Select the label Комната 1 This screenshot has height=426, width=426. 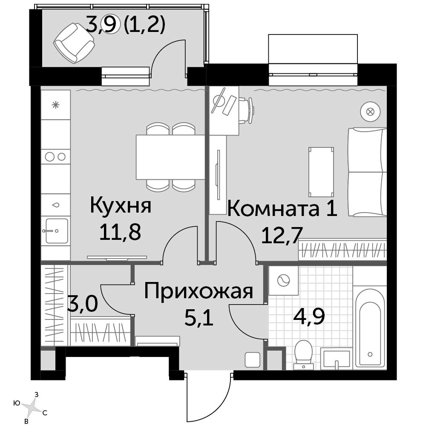[282, 209]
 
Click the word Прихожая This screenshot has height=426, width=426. [199, 292]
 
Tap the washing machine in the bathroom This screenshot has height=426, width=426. [283, 280]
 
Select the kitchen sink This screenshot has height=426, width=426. [56, 230]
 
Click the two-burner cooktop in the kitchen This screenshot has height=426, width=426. [56, 156]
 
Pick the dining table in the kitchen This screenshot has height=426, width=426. [170, 157]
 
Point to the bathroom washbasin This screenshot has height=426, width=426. [337, 358]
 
